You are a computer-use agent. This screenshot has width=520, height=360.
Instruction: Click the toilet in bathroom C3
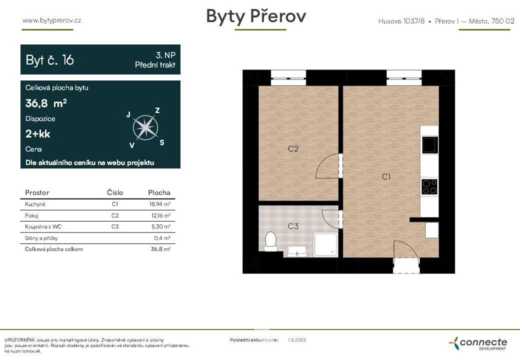tap(270, 241)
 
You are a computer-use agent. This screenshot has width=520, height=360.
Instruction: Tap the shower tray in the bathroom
tap(325, 244)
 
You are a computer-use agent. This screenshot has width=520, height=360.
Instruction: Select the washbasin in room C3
tap(297, 251)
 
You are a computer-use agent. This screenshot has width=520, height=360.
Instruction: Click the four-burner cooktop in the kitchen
tap(429, 186)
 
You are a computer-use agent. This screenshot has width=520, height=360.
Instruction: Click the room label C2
tap(293, 148)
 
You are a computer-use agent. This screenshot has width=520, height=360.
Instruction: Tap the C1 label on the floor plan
tap(386, 176)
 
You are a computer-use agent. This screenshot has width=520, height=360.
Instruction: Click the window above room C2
tap(288, 78)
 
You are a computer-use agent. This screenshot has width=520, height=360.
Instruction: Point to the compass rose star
tap(145, 127)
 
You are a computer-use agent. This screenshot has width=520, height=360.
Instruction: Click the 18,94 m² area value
tap(160, 204)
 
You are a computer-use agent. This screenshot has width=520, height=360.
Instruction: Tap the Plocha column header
tap(159, 192)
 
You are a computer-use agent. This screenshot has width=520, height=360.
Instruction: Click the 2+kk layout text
tap(38, 134)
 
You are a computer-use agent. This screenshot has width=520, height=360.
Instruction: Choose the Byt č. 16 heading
tap(49, 60)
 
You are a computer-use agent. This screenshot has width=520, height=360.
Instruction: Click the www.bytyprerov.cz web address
tap(51, 20)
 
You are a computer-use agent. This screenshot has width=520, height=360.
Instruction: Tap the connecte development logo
tap(478, 343)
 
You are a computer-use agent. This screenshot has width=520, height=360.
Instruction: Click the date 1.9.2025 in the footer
tap(297, 340)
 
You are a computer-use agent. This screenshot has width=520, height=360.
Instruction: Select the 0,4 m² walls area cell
tap(162, 238)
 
